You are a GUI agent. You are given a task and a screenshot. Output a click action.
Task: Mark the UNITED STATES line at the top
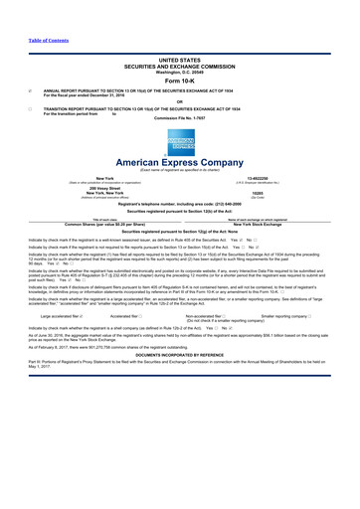(179, 60)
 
